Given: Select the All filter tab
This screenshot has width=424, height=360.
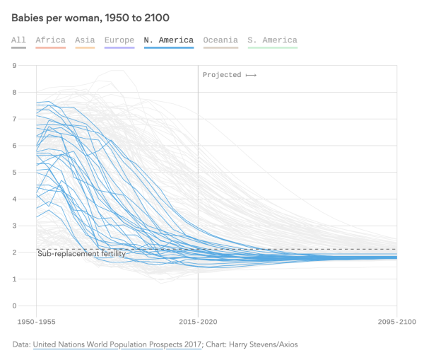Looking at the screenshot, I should (18, 40).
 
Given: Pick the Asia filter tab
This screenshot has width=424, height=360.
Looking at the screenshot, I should (85, 40).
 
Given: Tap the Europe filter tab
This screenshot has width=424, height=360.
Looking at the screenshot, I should (119, 40).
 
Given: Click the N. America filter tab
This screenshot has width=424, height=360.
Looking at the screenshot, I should (168, 40).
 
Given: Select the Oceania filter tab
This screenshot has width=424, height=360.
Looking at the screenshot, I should (220, 40).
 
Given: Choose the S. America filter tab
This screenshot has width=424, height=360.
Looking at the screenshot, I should (272, 40).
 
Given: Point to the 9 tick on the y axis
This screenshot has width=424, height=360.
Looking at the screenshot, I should (14, 66).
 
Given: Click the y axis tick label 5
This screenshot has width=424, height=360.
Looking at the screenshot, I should (14, 173).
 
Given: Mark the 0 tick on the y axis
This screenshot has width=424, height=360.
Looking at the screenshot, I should (14, 306).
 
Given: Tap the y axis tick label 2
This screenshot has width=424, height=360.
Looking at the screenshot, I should (14, 252).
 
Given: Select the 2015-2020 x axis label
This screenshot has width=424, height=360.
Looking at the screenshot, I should (198, 320).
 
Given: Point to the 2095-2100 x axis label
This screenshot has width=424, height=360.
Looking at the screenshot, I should (396, 320).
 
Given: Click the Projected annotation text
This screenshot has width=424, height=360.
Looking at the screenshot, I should (221, 75).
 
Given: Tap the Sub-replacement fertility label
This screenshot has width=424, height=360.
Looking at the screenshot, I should (81, 253).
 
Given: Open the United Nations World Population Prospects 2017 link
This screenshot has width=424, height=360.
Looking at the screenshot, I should (118, 344).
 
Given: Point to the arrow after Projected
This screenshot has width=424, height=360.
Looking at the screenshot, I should (251, 75).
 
